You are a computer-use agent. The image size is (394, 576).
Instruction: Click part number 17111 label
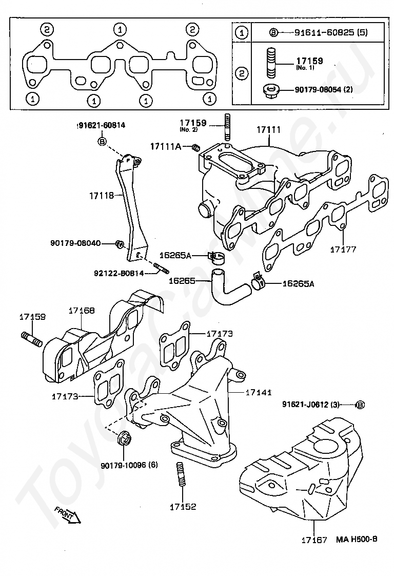click(x=268, y=130)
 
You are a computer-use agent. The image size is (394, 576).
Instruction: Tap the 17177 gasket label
click(x=343, y=249)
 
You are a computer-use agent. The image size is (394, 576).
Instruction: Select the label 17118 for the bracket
click(x=102, y=196)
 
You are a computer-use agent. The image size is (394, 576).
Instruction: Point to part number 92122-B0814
click(x=119, y=273)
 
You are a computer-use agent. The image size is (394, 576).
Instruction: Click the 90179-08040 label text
click(x=75, y=243)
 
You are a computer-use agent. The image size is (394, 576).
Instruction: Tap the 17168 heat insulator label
click(x=82, y=311)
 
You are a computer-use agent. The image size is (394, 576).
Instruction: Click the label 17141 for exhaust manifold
click(x=259, y=392)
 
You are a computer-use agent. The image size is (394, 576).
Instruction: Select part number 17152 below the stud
click(x=183, y=507)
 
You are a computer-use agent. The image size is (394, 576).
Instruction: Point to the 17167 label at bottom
click(x=314, y=540)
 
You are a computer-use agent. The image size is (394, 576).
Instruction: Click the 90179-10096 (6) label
click(x=129, y=465)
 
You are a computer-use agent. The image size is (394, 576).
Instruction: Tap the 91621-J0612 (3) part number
click(x=311, y=405)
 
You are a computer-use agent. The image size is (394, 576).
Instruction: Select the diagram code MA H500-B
click(x=357, y=539)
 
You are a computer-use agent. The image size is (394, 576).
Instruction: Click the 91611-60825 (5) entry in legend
click(x=331, y=33)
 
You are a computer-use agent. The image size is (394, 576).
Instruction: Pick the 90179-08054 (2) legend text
click(x=324, y=89)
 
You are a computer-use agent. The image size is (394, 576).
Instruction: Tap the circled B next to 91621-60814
click(x=102, y=141)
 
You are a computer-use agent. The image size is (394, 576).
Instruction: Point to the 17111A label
click(x=166, y=147)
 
